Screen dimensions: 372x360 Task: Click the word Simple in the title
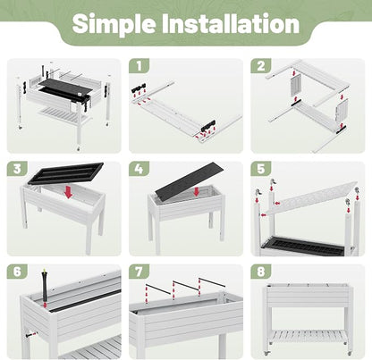pyautogui.click(x=114, y=24)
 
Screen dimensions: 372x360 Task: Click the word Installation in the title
pyautogui.click(x=231, y=23)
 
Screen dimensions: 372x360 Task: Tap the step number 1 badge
pyautogui.click(x=139, y=66)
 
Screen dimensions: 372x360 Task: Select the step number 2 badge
pyautogui.click(x=261, y=66)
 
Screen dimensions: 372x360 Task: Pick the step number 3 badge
pyautogui.click(x=17, y=169)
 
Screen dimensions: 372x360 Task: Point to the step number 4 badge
pyautogui.click(x=139, y=169)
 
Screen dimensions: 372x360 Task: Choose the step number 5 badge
pyautogui.click(x=261, y=169)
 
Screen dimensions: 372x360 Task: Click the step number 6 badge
pyautogui.click(x=17, y=272)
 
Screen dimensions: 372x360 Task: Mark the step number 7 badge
pyautogui.click(x=139, y=272)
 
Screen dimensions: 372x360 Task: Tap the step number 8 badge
pyautogui.click(x=261, y=272)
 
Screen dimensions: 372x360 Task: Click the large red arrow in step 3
pyautogui.click(x=69, y=192)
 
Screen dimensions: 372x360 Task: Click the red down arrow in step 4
pyautogui.click(x=197, y=191)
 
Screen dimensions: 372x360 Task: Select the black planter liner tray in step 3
pyautogui.click(x=65, y=173)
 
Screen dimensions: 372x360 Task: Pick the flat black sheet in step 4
pyautogui.click(x=190, y=181)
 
